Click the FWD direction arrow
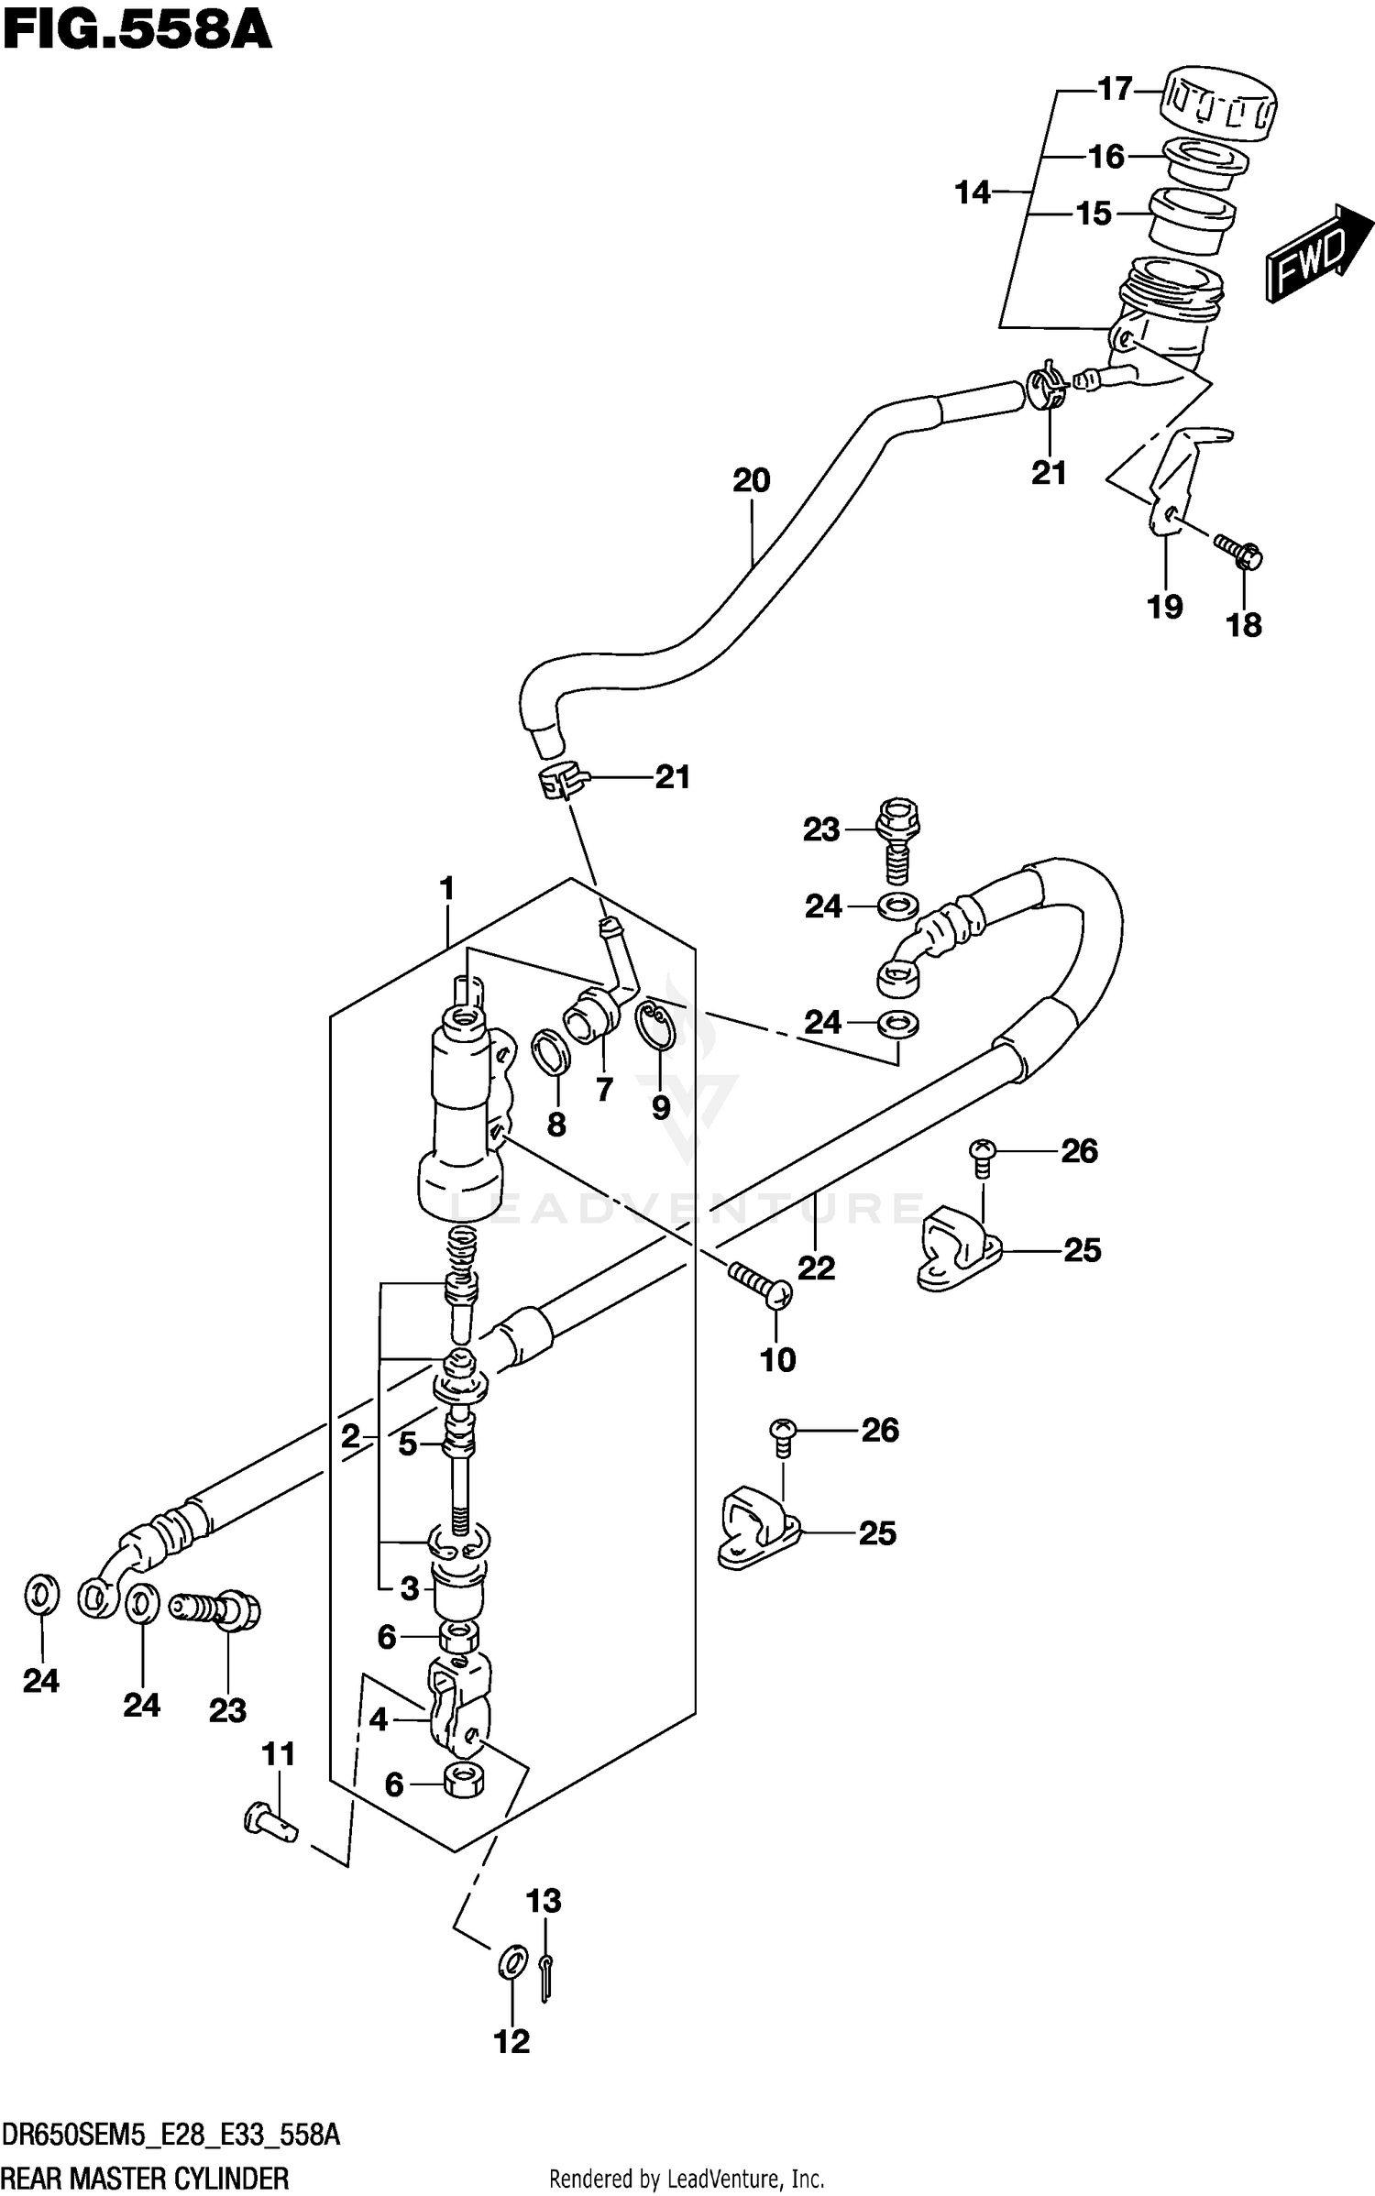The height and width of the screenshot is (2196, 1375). point(1317,253)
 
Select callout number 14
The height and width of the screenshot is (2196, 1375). point(973,192)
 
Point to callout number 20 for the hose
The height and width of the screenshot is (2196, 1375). point(751,480)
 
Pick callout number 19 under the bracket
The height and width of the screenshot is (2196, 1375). point(1165,607)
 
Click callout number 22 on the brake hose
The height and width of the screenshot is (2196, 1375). point(815,1268)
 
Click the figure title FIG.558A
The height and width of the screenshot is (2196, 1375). point(137,31)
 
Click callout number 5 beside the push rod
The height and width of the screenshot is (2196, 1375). point(407,1444)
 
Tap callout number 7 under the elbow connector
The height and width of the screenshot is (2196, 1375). point(603,1089)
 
